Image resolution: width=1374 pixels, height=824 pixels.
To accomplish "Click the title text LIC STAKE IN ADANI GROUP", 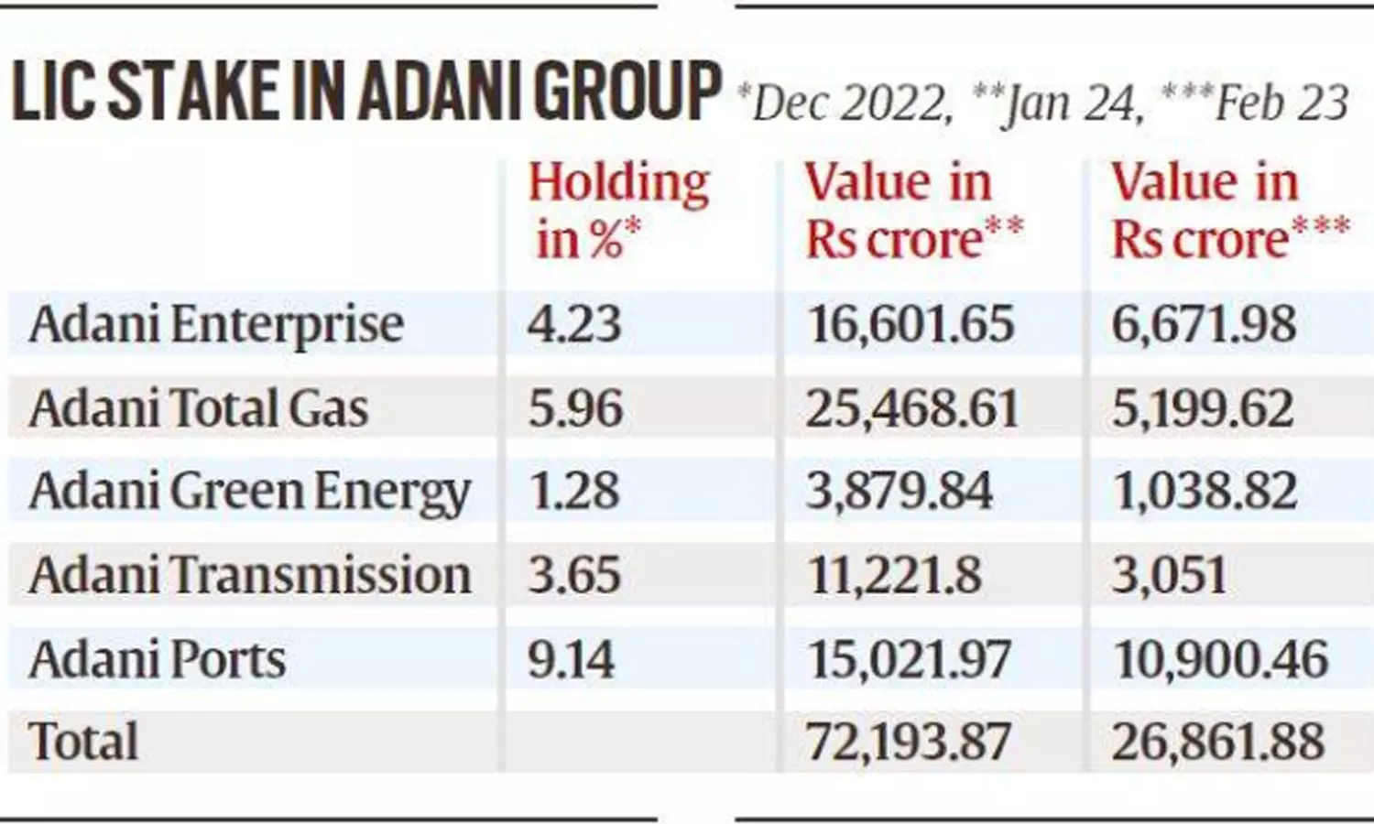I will coord(365,92).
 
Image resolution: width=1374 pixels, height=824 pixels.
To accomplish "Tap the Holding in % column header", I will coord(619,211).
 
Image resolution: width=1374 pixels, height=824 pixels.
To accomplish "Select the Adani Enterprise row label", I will coord(216,325).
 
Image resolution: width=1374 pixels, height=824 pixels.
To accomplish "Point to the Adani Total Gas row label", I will coord(199,408).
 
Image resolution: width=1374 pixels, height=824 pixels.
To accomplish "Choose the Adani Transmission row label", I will coord(250,576).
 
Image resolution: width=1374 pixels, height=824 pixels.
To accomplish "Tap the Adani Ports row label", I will coord(158,660).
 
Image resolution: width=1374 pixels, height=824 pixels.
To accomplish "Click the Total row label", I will coord(84,741).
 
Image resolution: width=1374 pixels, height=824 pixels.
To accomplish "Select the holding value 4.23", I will coord(574,325).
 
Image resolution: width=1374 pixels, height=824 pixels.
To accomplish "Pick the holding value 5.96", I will coord(575,408).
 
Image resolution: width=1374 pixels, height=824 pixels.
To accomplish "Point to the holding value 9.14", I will coord(572,660).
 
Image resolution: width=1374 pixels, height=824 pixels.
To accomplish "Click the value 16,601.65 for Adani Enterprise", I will coord(911,325).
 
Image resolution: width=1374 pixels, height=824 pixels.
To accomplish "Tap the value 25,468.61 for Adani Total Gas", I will coord(912,408).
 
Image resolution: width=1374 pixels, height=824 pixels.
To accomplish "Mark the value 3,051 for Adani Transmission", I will coord(1170,576).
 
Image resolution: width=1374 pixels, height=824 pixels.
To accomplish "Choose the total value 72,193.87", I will coord(909,742).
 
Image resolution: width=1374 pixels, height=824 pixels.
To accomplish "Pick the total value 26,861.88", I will coord(1218,742).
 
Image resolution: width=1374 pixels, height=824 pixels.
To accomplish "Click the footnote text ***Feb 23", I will coord(1254,103).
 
